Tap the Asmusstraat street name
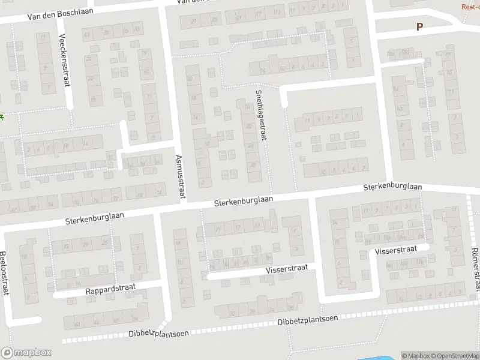pos(179,177)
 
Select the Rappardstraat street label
pos(110,289)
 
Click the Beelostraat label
pos(5,274)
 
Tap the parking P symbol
pos(419,26)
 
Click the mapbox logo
pos(26,353)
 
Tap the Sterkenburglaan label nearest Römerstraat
pos(392,188)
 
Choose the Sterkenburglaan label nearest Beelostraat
pos(95,218)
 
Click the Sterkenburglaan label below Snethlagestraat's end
pos(244,202)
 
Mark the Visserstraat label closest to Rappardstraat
pos(287,270)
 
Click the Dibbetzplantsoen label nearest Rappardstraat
pos(157,334)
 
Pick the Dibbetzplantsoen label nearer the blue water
pos(308,320)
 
